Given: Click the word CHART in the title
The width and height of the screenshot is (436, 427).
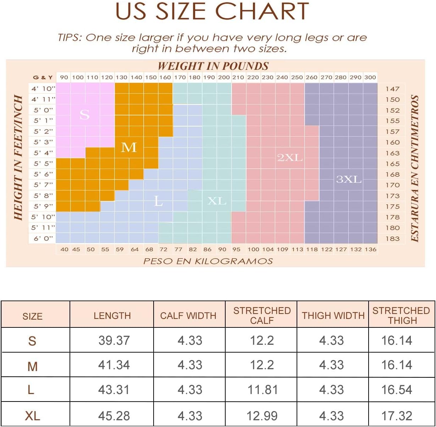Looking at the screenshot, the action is [262, 11].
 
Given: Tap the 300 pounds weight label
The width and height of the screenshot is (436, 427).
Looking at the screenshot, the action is [370, 77].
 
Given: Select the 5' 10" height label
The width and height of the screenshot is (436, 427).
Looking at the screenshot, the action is [43, 217].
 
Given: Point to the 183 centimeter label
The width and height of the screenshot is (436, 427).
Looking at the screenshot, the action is [393, 239].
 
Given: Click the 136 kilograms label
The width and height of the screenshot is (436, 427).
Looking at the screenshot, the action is [371, 249].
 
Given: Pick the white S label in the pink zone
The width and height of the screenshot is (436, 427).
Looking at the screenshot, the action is [84, 114].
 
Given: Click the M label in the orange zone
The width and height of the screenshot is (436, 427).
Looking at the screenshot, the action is [129, 147].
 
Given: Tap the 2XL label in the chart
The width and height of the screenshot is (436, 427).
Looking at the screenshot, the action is [290, 158].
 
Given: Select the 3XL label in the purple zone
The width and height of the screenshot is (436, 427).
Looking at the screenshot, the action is [349, 179].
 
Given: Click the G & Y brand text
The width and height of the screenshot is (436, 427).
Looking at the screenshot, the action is [43, 78].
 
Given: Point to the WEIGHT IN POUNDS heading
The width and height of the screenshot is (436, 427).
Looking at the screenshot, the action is [213, 66].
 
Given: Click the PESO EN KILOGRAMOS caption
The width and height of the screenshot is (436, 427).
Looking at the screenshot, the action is [208, 261].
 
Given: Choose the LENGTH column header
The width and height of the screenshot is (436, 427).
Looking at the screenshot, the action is [112, 316].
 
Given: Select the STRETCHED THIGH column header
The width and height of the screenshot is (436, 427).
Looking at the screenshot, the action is [401, 316].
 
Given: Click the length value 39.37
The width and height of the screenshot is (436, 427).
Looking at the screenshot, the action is [114, 341].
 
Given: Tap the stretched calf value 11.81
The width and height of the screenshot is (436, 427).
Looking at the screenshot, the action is [263, 390].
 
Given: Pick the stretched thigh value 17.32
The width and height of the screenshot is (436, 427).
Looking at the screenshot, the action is [397, 416].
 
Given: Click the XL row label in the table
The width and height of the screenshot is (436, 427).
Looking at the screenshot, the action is [33, 416].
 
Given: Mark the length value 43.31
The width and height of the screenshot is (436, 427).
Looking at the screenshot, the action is [114, 390].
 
